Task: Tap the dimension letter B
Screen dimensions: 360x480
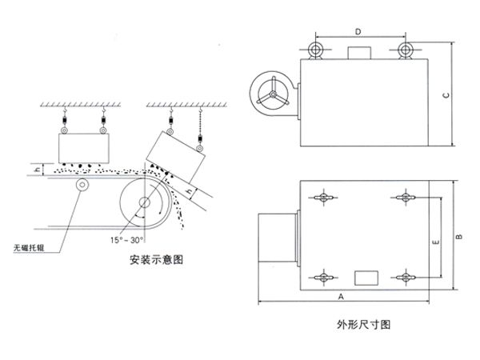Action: point(458,237)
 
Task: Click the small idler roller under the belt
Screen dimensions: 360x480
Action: point(82,186)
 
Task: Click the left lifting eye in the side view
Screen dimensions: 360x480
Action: point(314,50)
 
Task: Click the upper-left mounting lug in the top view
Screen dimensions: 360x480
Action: point(322,198)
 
